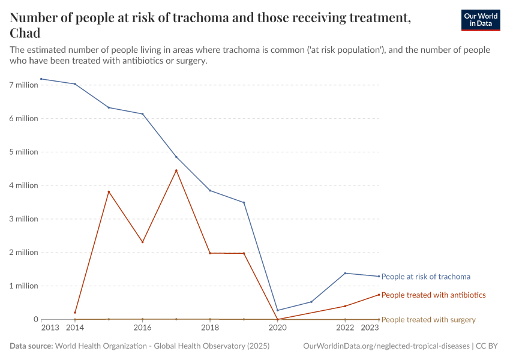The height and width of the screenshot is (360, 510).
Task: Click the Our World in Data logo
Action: click(x=480, y=20)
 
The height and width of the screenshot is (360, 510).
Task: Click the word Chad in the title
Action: click(x=25, y=33)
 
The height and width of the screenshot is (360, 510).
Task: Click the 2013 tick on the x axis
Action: click(x=50, y=328)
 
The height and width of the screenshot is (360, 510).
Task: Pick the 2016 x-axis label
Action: click(x=142, y=328)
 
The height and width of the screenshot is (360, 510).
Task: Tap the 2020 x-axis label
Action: click(x=277, y=328)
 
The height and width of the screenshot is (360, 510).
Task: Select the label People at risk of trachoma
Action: click(x=425, y=277)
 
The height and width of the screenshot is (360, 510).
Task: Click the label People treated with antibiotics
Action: click(x=433, y=295)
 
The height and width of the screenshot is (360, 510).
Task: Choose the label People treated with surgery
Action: click(x=428, y=320)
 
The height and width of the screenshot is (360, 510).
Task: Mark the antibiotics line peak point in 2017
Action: click(x=176, y=170)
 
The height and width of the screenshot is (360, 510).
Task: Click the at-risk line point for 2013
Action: click(x=41, y=79)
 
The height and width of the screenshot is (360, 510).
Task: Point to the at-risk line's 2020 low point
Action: click(x=278, y=310)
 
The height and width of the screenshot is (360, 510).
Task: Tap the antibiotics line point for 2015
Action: click(x=109, y=191)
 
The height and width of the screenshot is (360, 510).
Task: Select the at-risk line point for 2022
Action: click(x=345, y=273)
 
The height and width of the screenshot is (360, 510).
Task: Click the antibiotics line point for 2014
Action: click(x=75, y=313)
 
